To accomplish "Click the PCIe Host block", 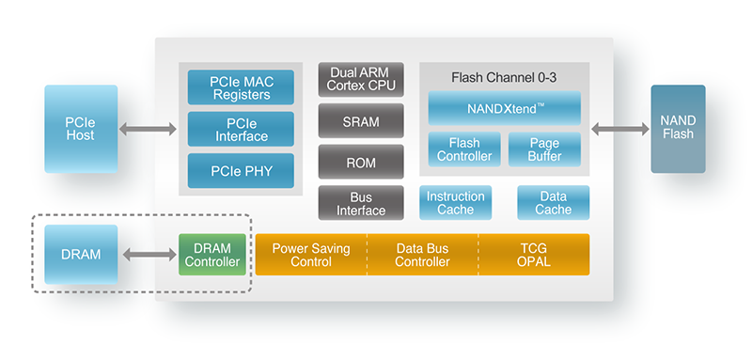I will click(81, 129).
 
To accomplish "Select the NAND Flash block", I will click(678, 129).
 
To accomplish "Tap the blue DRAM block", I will click(81, 255).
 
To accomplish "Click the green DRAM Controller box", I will click(212, 255).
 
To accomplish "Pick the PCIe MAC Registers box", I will click(241, 87).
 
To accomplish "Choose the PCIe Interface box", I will click(241, 129).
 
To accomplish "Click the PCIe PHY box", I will click(241, 170).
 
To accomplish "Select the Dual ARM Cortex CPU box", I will click(361, 80).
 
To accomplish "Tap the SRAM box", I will click(361, 120).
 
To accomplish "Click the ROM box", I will click(361, 162).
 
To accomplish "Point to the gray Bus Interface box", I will click(361, 202).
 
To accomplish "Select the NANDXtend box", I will click(504, 108).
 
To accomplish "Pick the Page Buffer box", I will click(544, 149).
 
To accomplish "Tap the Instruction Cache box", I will click(456, 203).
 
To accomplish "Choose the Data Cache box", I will click(553, 203).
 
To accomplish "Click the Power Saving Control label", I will click(311, 255).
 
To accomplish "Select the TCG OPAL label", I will click(534, 255).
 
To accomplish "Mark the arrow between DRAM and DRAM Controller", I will click(149, 255).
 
